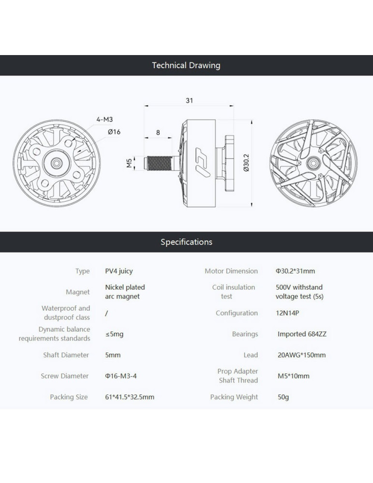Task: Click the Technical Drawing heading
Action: pyautogui.click(x=186, y=65)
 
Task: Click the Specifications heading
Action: pyautogui.click(x=186, y=242)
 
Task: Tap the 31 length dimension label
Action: pyautogui.click(x=189, y=100)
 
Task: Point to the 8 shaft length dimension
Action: pyautogui.click(x=158, y=132)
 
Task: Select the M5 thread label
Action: pyautogui.click(x=129, y=163)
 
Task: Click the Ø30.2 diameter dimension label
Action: pyautogui.click(x=246, y=163)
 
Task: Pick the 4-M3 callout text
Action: pyautogui.click(x=104, y=119)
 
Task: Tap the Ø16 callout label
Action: pyautogui.click(x=114, y=132)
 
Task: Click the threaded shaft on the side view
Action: pyautogui.click(x=159, y=163)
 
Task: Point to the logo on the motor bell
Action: pyautogui.click(x=202, y=162)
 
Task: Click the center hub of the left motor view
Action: pyautogui.click(x=57, y=163)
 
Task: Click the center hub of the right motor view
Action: pyautogui.click(x=313, y=163)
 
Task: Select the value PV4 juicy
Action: pyautogui.click(x=119, y=271)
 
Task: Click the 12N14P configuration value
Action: pyautogui.click(x=287, y=313)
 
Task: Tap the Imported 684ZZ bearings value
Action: pyautogui.click(x=302, y=334)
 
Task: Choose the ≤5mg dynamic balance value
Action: pyautogui.click(x=114, y=334)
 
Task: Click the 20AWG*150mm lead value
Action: pyautogui.click(x=301, y=355)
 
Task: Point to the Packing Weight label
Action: pyautogui.click(x=234, y=397)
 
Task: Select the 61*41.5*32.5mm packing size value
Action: pyautogui.click(x=130, y=397)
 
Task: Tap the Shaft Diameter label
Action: pyautogui.click(x=66, y=355)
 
